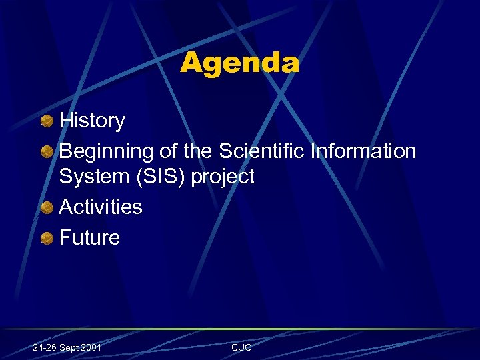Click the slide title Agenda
click(239, 64)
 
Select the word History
click(92, 121)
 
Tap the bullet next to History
click(47, 121)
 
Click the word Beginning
click(106, 152)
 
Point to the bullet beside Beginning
click(47, 151)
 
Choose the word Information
click(363, 151)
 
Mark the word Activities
click(101, 207)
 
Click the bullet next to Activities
click(47, 207)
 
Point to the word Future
click(89, 238)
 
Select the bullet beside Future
click(47, 238)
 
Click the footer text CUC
click(241, 347)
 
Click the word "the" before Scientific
click(197, 151)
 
